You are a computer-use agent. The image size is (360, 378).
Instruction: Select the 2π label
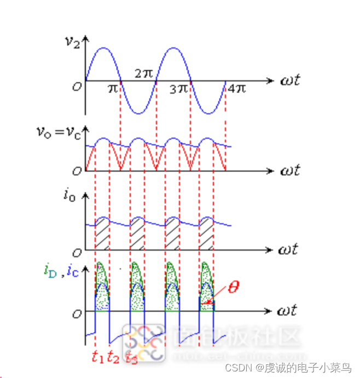pos(144,73)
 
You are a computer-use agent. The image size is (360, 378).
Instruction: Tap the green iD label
pos(50,270)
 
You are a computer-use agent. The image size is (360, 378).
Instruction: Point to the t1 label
pos(97,358)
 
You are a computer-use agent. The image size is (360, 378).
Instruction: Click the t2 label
pos(113,358)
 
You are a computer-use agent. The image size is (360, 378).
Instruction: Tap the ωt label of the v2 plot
pos(288,81)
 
